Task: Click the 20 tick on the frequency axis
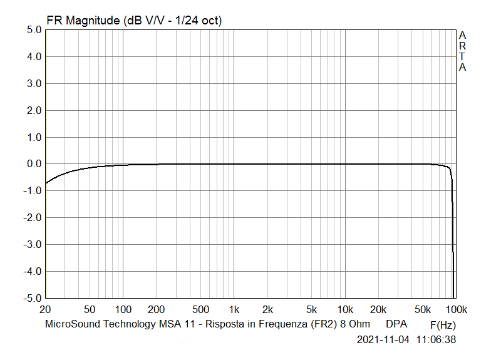point(45,310)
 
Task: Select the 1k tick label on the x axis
point(234,310)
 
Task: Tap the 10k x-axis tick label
point(345,310)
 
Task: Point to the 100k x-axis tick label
point(456,310)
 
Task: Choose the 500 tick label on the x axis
point(200,310)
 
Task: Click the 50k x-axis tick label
point(423,310)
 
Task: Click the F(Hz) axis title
point(443,326)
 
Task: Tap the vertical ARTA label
point(462,51)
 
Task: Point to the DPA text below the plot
point(396,324)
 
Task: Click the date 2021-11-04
point(383,340)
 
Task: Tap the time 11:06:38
point(436,340)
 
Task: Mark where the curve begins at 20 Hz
point(46,183)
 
